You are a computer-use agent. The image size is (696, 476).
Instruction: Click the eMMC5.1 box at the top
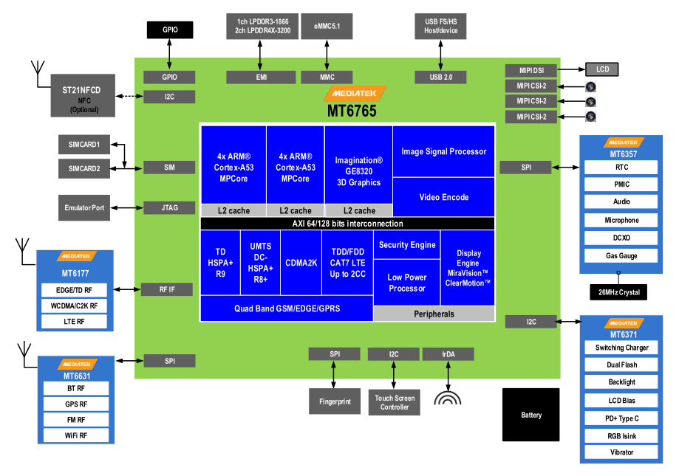pyautogui.click(x=327, y=27)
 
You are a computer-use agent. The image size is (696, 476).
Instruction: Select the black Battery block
pyautogui.click(x=531, y=415)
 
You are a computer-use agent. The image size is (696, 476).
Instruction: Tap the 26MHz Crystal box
pyautogui.click(x=618, y=292)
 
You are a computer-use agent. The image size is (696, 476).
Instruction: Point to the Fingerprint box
pyautogui.click(x=335, y=401)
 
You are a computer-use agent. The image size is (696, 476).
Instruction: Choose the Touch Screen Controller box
pyautogui.click(x=395, y=402)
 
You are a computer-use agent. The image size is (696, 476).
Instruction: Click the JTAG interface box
pyautogui.click(x=169, y=208)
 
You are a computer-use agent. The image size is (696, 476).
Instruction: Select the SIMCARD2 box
pyautogui.click(x=89, y=168)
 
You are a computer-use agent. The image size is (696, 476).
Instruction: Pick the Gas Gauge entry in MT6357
pyautogui.click(x=621, y=256)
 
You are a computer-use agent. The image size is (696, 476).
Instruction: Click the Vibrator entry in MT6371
pyautogui.click(x=621, y=452)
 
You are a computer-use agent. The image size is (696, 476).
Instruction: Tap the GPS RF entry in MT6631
pyautogui.click(x=76, y=404)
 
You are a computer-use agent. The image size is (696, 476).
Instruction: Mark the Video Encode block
pyautogui.click(x=444, y=197)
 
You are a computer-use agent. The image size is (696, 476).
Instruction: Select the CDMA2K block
pyautogui.click(x=300, y=262)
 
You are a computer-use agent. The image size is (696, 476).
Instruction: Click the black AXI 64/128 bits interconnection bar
pyautogui.click(x=347, y=224)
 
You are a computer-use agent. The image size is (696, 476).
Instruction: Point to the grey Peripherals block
pyautogui.click(x=434, y=314)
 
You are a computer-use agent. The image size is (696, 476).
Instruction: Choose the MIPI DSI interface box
pyautogui.click(x=530, y=71)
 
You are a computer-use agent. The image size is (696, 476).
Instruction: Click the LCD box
pyautogui.click(x=602, y=69)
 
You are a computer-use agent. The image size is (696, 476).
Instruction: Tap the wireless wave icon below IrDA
pyautogui.click(x=448, y=399)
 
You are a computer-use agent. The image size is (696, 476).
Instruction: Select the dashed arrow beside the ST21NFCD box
pyautogui.click(x=127, y=96)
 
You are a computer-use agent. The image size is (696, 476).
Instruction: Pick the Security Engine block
pyautogui.click(x=407, y=245)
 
